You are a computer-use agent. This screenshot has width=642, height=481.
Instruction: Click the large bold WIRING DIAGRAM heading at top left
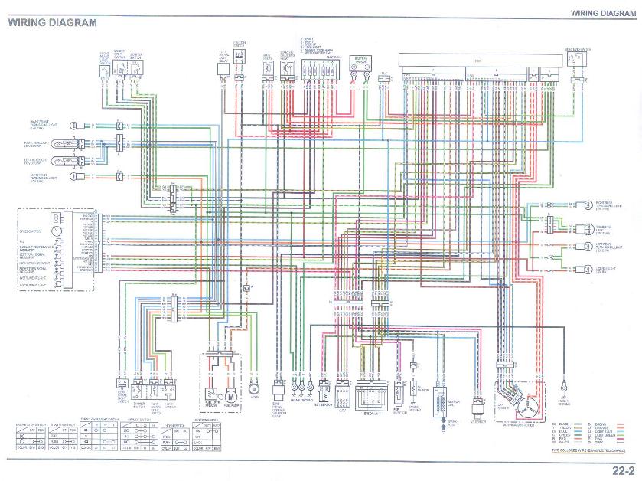(53, 22)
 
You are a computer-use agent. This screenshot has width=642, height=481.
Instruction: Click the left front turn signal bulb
(77, 176)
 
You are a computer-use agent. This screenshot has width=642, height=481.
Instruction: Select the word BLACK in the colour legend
(565, 423)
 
